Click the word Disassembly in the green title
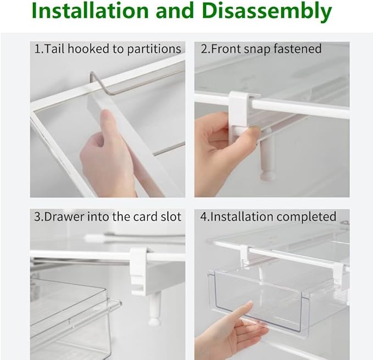point(268,11)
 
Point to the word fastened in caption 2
point(299,49)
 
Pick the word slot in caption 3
point(170,217)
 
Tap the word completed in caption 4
point(307,217)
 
